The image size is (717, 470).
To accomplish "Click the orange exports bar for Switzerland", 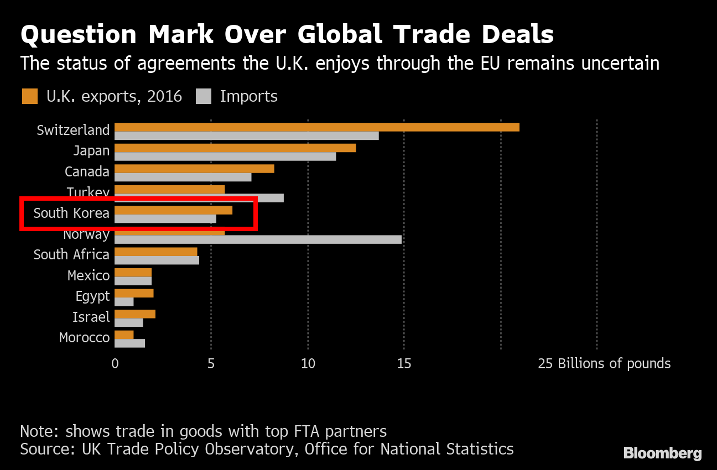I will pyautogui.click(x=316, y=127).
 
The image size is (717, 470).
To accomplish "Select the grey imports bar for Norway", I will pyautogui.click(x=258, y=239).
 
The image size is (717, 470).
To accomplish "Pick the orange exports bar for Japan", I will pyautogui.click(x=235, y=148).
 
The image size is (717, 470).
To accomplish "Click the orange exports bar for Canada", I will pyautogui.click(x=194, y=169).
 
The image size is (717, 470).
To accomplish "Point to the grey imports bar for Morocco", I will pyautogui.click(x=129, y=343).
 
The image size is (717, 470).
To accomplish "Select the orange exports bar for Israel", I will pyautogui.click(x=135, y=314).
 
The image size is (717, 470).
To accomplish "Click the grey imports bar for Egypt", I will pyautogui.click(x=124, y=302).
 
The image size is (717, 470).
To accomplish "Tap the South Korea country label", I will pyautogui.click(x=71, y=213).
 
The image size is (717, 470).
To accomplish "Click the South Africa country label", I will pyautogui.click(x=71, y=254).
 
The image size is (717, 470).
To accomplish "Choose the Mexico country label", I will pyautogui.click(x=89, y=275).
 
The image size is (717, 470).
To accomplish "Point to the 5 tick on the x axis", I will pyautogui.click(x=211, y=364).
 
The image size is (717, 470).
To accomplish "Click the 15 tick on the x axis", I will pyautogui.click(x=404, y=364).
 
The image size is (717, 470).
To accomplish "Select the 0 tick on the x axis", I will pyautogui.click(x=115, y=364).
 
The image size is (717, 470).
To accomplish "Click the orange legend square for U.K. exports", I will pyautogui.click(x=30, y=96).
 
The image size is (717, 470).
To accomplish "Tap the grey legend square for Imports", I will pyautogui.click(x=204, y=96).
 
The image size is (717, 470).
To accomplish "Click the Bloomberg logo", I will pyautogui.click(x=662, y=453).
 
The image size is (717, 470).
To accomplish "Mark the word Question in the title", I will pyautogui.click(x=78, y=35).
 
